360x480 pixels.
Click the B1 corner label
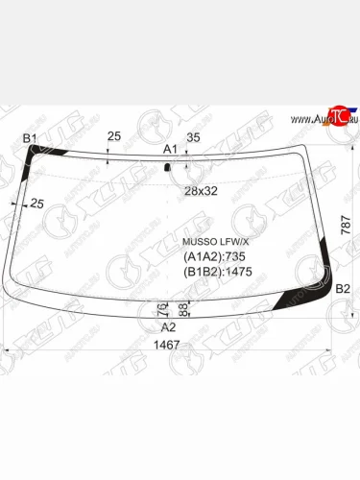30,138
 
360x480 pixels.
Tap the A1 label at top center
170,149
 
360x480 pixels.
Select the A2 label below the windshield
168,327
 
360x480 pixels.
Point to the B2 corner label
343,289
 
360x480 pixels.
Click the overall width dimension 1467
167,345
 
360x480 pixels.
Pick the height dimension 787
347,226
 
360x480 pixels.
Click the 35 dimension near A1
193,137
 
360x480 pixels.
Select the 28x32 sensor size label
201,191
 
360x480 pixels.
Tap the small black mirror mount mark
167,167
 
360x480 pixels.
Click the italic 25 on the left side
36,204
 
